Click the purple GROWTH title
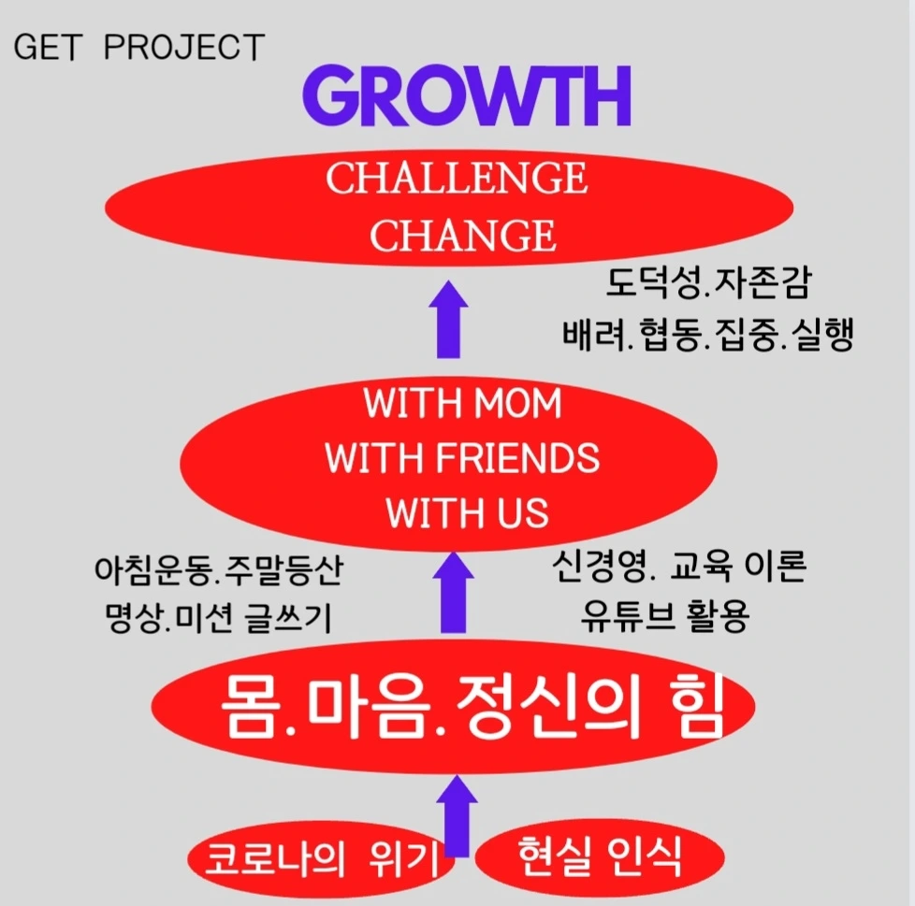[467, 96]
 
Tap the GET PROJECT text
[138, 48]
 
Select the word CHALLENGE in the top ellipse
[457, 179]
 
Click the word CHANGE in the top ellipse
[462, 235]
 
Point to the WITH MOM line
[462, 403]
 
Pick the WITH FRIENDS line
[462, 458]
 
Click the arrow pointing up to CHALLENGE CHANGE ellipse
[452, 320]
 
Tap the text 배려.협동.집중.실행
[707, 336]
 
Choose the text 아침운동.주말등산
[218, 570]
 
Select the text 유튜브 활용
[664, 617]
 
